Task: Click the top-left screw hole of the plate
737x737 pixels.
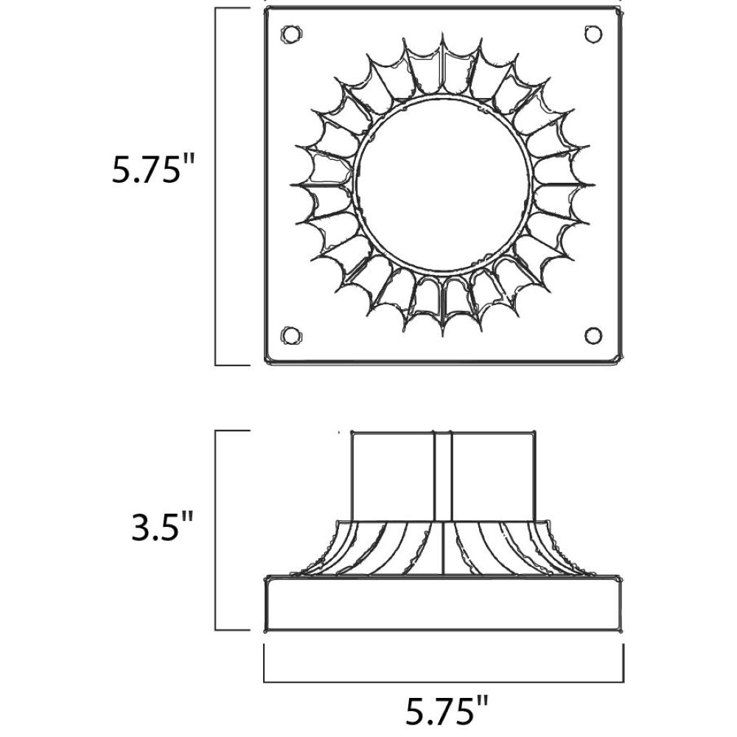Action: pos(291,34)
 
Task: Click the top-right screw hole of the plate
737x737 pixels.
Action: pos(593,34)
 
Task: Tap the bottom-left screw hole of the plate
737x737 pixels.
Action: pos(291,335)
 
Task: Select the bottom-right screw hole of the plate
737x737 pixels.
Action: pos(593,335)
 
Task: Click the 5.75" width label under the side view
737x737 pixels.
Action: pos(447,710)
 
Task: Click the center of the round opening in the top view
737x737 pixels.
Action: pos(443,185)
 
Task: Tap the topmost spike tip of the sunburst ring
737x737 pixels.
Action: pos(443,32)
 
